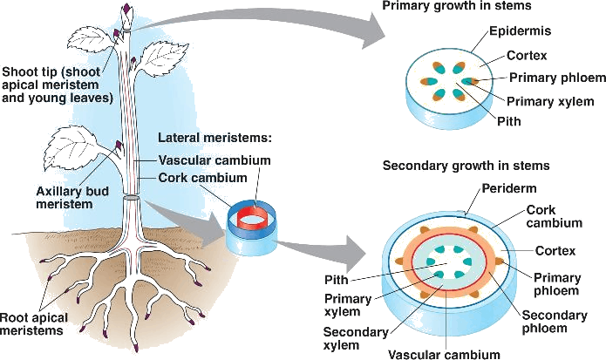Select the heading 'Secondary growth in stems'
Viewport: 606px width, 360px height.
pyautogui.click(x=466, y=166)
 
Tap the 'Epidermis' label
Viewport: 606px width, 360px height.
pyautogui.click(x=519, y=31)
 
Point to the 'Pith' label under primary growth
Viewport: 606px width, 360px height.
pyautogui.click(x=508, y=121)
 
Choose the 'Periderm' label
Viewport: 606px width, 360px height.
pyautogui.click(x=508, y=188)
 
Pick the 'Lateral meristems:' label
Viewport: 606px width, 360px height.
pyautogui.click(x=214, y=139)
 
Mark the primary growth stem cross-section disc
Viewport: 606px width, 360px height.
pyautogui.click(x=452, y=85)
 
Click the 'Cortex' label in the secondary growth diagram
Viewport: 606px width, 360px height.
pyautogui.click(x=555, y=251)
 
